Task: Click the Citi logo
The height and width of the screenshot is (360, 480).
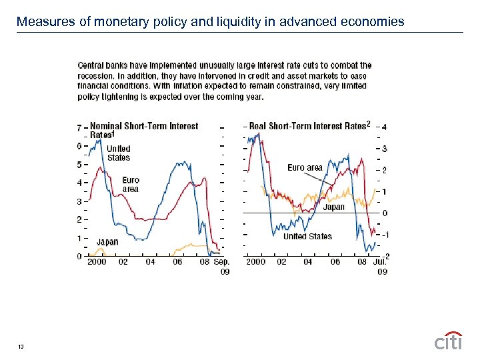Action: pyautogui.click(x=448, y=341)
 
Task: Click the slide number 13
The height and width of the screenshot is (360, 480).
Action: pyautogui.click(x=23, y=346)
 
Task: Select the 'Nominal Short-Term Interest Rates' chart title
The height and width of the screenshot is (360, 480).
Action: pyautogui.click(x=143, y=130)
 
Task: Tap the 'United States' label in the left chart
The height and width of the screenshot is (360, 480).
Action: pyautogui.click(x=119, y=153)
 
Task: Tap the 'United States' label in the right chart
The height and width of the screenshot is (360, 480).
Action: pyautogui.click(x=307, y=236)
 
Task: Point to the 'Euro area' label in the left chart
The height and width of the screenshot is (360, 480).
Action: pyautogui.click(x=131, y=185)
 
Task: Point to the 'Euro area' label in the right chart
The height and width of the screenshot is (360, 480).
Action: pyautogui.click(x=305, y=167)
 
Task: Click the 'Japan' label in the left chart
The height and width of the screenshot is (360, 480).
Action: pyautogui.click(x=107, y=242)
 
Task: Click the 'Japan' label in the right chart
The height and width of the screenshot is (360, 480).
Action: pyautogui.click(x=334, y=207)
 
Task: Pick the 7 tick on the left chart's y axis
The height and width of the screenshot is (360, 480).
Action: pyautogui.click(x=79, y=127)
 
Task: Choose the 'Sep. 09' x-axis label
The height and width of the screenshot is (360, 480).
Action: pyautogui.click(x=221, y=267)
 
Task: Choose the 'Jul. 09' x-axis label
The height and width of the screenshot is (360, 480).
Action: pyautogui.click(x=381, y=267)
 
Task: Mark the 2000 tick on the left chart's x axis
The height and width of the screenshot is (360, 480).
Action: pyautogui.click(x=97, y=262)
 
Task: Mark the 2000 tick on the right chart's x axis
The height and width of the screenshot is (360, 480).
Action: pyautogui.click(x=256, y=262)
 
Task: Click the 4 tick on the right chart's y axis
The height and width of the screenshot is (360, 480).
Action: pyautogui.click(x=385, y=127)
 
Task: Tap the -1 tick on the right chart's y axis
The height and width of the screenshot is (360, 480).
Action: pyautogui.click(x=384, y=235)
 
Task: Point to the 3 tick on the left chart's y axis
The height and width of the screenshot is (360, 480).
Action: pyautogui.click(x=79, y=201)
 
